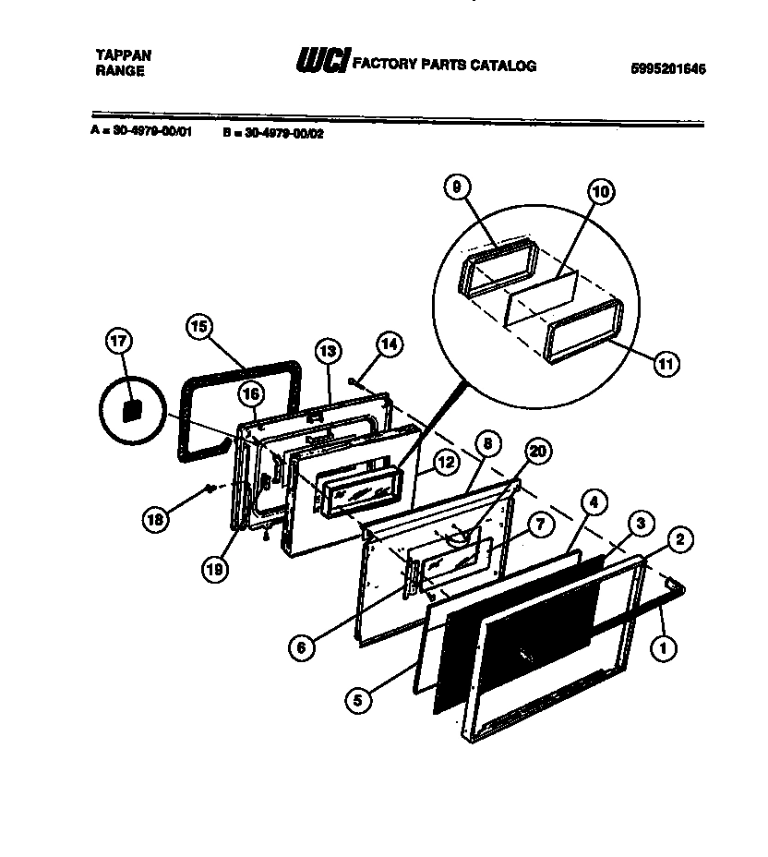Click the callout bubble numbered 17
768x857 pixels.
[121, 342]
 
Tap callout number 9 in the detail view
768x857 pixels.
[455, 187]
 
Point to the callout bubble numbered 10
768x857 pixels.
[600, 193]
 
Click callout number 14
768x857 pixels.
[390, 344]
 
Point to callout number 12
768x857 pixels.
[446, 465]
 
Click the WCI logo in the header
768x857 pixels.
[320, 62]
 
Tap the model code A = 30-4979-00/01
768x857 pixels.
[141, 131]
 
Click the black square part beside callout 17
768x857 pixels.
[132, 409]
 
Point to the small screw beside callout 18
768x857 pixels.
[211, 487]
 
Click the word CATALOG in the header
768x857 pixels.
[506, 66]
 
